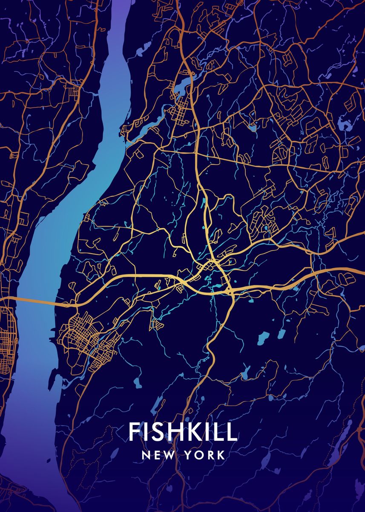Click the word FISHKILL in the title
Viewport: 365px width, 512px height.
click(x=183, y=432)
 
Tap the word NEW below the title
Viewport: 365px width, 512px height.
click(x=158, y=455)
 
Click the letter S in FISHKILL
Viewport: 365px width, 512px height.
click(x=156, y=432)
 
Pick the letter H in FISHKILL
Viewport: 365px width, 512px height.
click(x=172, y=432)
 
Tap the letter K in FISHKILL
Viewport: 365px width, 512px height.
click(x=191, y=432)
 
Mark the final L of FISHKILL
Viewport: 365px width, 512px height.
click(x=231, y=432)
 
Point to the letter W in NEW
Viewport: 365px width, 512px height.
click(x=169, y=455)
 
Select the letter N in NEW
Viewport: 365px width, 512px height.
click(x=146, y=455)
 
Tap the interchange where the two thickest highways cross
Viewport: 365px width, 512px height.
click(x=230, y=291)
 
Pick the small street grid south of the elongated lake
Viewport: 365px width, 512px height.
click(x=180, y=112)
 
